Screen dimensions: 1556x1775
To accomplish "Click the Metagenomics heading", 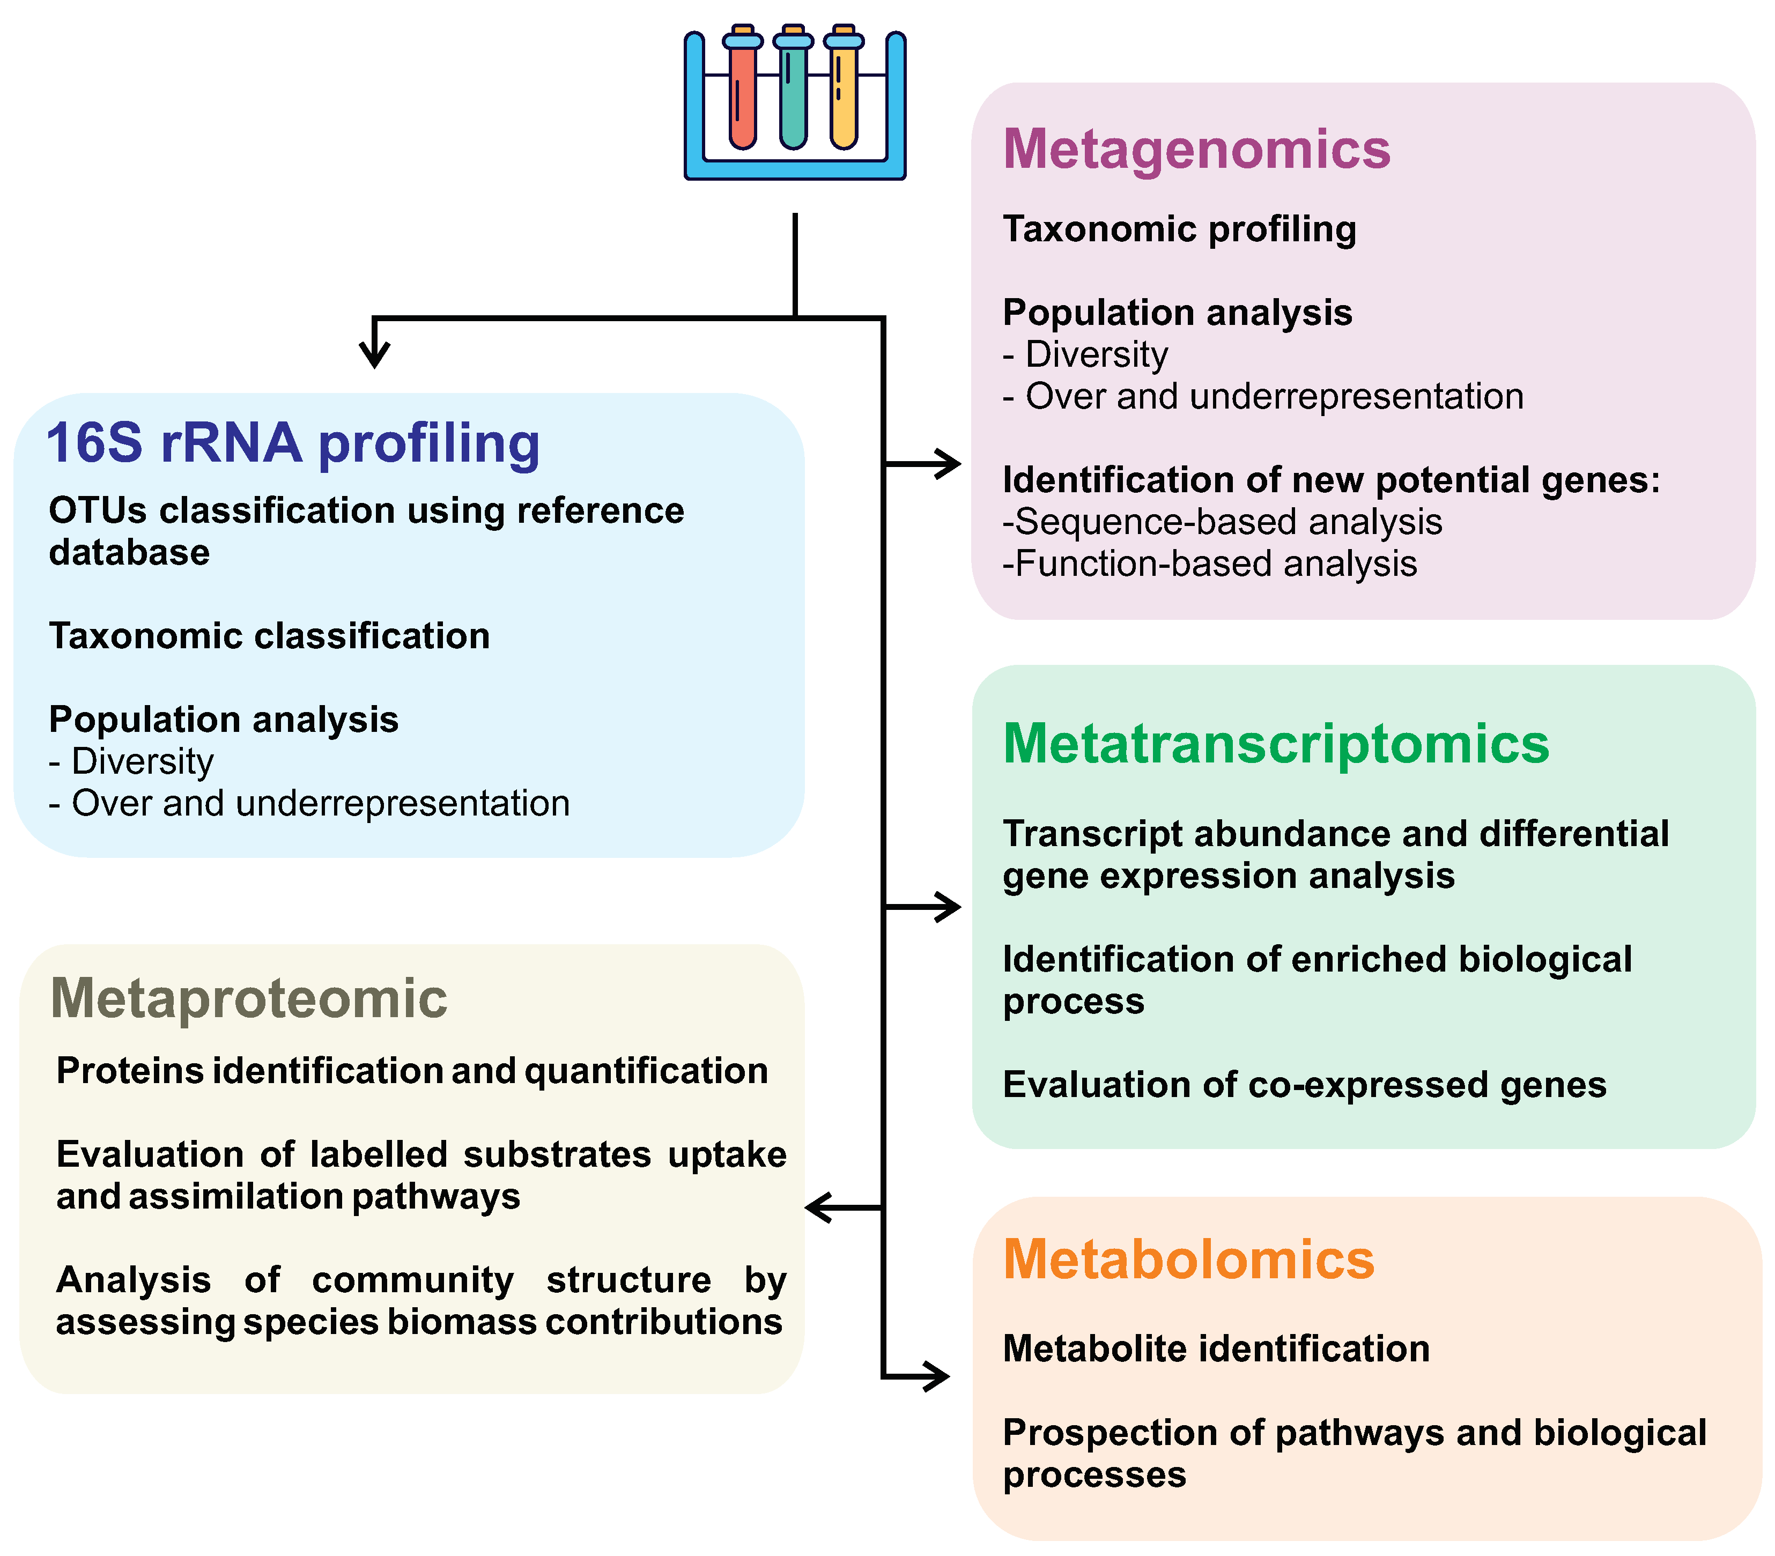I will pos(1196,150).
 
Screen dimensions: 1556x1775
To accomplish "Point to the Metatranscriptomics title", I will pos(1275,744).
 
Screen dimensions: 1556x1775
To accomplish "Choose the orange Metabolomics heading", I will pos(1188,1260).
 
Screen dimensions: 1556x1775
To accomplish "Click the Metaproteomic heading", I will pos(249,998).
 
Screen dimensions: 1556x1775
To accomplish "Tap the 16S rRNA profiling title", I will pos(293,444).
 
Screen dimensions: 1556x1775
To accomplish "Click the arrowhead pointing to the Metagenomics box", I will pos(948,464).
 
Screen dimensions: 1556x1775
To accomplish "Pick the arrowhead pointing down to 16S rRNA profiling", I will pos(374,354).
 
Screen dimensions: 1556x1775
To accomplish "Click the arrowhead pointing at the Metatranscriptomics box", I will pos(948,907).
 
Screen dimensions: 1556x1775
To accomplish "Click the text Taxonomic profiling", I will pos(1178,230).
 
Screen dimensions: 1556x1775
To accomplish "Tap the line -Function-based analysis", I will pos(1209,565).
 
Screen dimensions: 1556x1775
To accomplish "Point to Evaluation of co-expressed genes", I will pos(1304,1085).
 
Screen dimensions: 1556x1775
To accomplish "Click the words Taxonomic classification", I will pos(269,636).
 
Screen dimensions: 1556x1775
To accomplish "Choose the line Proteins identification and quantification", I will pos(412,1071).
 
